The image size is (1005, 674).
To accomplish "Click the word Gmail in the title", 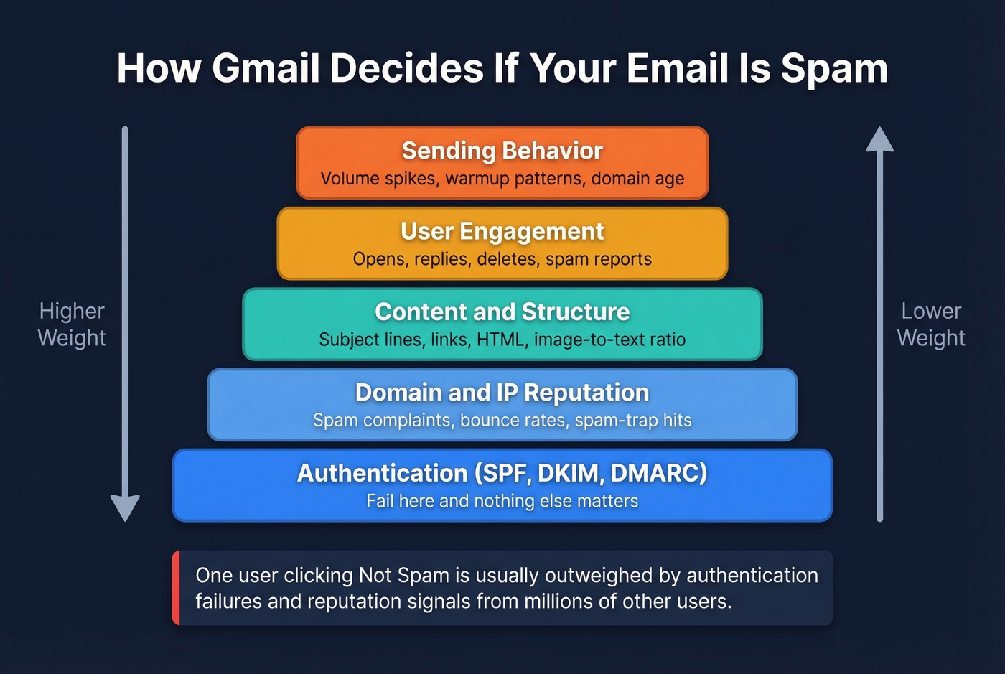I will pos(266,69).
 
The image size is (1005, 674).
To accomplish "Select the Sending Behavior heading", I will pos(502,151).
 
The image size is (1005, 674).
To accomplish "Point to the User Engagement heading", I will pos(502,231).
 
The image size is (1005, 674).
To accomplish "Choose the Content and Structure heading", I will pos(502,312).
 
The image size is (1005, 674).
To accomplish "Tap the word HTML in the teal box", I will pos(500,340).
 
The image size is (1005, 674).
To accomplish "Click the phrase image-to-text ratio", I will pos(609,340).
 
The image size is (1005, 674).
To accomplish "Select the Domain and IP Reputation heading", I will pos(502,393).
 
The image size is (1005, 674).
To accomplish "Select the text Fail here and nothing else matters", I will pos(502,501).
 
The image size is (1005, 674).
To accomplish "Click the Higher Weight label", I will pos(72,324).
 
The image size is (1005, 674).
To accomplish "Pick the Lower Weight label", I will pos(931,324).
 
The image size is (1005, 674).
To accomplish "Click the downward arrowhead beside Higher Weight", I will pos(125,507).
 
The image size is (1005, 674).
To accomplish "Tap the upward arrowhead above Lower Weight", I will pos(879,140).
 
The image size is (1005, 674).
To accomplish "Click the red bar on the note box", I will pos(176,588).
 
